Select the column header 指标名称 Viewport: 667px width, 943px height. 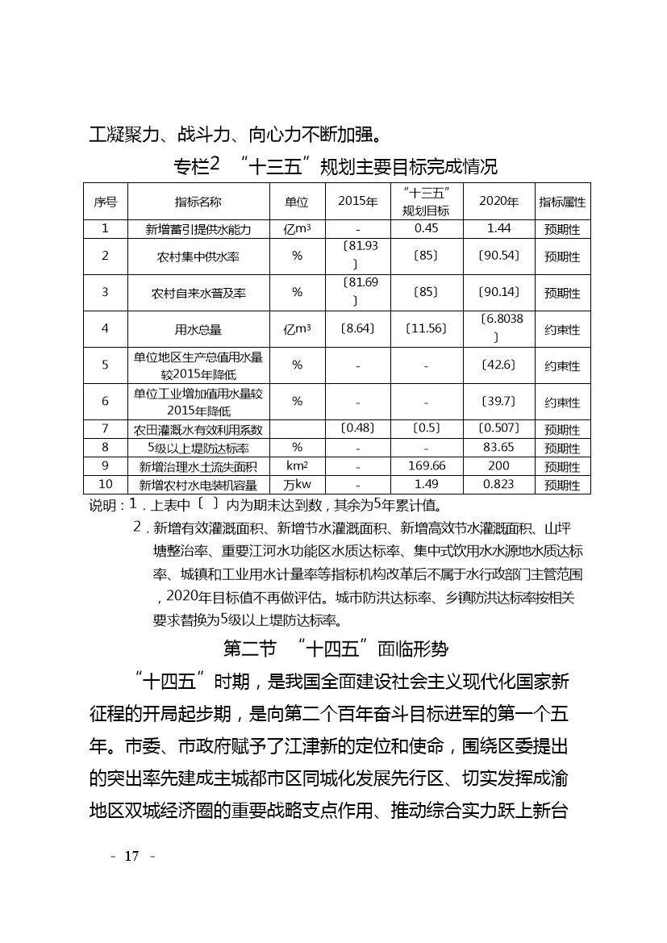click(198, 202)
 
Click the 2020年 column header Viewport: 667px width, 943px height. click(498, 202)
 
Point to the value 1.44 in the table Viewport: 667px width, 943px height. click(498, 229)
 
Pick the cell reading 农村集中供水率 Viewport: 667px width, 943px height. click(198, 257)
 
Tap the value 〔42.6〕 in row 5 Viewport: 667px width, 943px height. click(498, 365)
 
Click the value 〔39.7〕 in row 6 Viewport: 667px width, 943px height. click(498, 402)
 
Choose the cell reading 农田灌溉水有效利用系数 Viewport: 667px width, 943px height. click(198, 429)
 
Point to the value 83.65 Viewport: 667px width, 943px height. click(498, 448)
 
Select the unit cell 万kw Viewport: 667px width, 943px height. click(297, 485)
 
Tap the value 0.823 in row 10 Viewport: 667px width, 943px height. click(498, 485)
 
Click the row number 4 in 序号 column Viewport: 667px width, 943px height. click(105, 329)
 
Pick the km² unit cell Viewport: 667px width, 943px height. click(297, 466)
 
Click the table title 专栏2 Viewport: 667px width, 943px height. click(197, 166)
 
